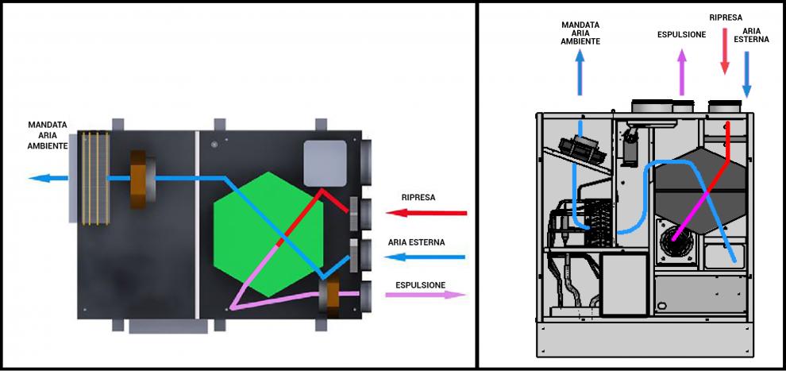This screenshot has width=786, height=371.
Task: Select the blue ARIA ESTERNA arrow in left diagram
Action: coord(429,257)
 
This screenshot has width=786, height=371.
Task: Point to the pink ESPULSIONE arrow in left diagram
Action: coord(426,295)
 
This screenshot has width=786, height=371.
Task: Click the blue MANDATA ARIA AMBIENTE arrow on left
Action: coord(48,177)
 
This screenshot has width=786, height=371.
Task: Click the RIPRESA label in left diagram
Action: coord(418,196)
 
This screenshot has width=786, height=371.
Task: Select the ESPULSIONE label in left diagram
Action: coord(420,284)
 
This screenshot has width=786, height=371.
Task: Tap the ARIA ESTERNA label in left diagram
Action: coord(416,242)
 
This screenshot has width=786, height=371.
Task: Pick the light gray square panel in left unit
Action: coord(326,163)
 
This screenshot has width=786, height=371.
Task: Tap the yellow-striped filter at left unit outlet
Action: coord(94,176)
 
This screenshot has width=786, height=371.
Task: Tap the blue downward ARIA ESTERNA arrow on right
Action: coord(746,73)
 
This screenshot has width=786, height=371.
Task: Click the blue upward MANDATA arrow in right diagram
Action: coord(580,71)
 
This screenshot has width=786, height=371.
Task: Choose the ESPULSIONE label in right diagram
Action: coord(681,34)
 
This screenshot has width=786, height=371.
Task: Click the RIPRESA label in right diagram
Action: coord(726,16)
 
